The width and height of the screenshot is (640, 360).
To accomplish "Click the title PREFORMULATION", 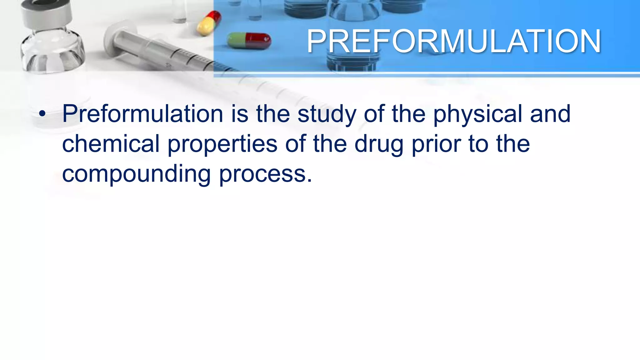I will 454,41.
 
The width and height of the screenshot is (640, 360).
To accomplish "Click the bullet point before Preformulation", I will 42,114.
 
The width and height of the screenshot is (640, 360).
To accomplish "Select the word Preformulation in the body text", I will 142,113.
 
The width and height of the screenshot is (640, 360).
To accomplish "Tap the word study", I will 327,114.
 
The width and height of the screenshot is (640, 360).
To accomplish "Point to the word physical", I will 477,114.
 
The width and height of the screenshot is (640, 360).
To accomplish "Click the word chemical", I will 111,144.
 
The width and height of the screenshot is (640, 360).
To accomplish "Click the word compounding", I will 136,174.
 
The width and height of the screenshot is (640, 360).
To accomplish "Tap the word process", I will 265,174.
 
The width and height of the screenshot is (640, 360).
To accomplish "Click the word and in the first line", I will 550,114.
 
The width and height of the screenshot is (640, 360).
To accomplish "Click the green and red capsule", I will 249,41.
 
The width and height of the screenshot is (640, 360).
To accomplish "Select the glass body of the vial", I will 52,52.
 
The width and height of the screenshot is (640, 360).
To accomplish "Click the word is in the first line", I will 240,114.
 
